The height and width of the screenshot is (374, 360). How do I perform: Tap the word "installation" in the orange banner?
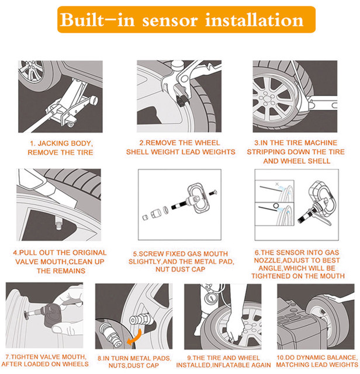(x=255, y=20)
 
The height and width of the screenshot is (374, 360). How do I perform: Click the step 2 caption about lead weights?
(x=181, y=147)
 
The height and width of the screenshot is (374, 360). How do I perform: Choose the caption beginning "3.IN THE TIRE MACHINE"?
(x=295, y=151)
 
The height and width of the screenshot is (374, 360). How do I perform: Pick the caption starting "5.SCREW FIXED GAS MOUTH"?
(x=180, y=261)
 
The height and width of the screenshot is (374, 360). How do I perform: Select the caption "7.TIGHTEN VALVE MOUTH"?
(x=46, y=360)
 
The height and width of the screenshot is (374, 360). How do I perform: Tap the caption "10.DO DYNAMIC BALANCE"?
(x=317, y=360)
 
